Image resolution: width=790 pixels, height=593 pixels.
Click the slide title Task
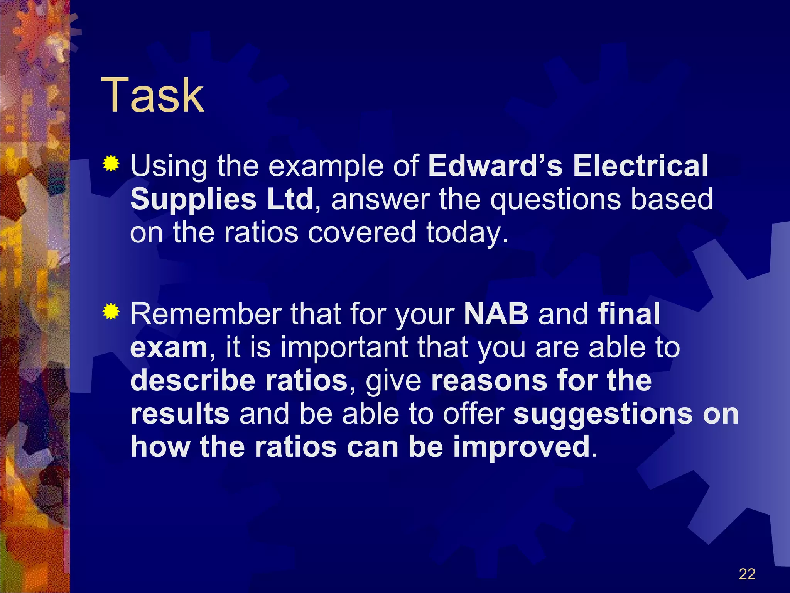[152, 95]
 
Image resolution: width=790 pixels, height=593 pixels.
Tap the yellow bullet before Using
[111, 163]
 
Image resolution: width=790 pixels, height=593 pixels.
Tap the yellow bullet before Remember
[111, 312]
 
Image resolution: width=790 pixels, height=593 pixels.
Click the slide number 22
[747, 574]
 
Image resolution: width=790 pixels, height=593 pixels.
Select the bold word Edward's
[495, 166]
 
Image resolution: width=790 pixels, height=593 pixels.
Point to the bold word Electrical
[640, 166]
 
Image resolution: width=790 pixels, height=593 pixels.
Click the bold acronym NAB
[496, 314]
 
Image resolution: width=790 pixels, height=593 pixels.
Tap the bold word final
[629, 314]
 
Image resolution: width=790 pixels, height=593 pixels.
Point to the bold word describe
[193, 381]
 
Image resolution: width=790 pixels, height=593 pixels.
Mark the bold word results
[180, 414]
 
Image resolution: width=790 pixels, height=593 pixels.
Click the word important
[344, 348]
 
